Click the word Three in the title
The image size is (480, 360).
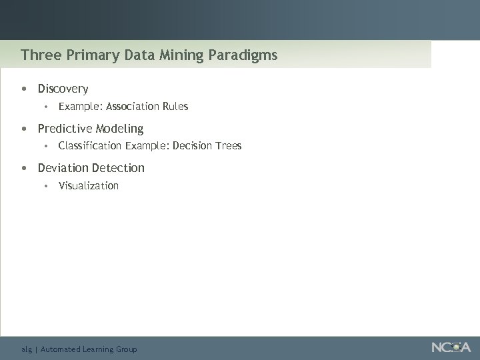pyautogui.click(x=37, y=55)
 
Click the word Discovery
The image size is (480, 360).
pyautogui.click(x=63, y=89)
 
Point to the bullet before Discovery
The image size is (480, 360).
pyautogui.click(x=24, y=89)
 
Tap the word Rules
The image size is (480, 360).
pyautogui.click(x=175, y=106)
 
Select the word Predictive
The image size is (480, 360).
pyautogui.click(x=65, y=128)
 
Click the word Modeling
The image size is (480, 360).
pyautogui.click(x=119, y=129)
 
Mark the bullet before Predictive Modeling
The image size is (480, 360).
pyautogui.click(x=24, y=129)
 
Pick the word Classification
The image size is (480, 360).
pyautogui.click(x=90, y=145)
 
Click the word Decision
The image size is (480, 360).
pyautogui.click(x=193, y=145)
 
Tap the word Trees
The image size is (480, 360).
pyautogui.click(x=229, y=145)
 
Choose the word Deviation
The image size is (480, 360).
pyautogui.click(x=63, y=167)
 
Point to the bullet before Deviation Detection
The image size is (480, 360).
pyautogui.click(x=24, y=168)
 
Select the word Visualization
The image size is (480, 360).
pyautogui.click(x=89, y=185)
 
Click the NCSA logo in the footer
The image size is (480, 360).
pyautogui.click(x=451, y=347)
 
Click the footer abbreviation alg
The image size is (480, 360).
pyautogui.click(x=27, y=349)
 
